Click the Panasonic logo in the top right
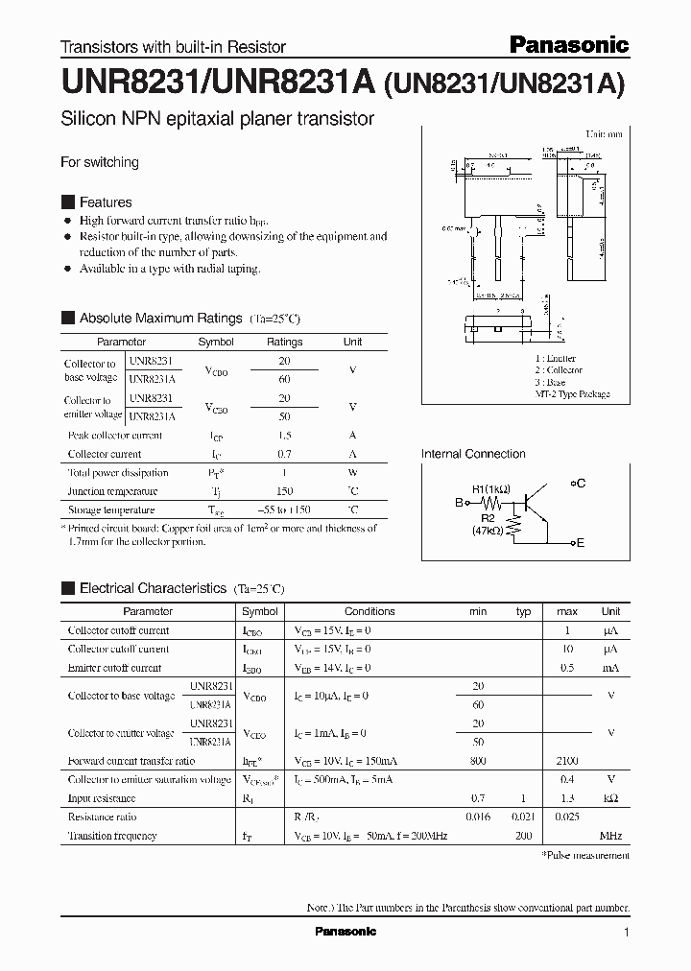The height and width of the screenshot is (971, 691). tap(568, 44)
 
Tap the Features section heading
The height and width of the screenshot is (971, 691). tap(106, 202)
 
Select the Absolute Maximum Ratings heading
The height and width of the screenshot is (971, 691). tap(160, 318)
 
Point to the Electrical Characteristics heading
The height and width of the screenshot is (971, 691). tap(153, 588)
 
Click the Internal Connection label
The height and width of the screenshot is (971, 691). tap(473, 454)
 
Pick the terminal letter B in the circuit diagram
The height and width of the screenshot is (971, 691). tap(459, 502)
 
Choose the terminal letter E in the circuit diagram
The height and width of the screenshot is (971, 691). tap(580, 543)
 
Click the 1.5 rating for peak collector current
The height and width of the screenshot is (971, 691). tap(284, 436)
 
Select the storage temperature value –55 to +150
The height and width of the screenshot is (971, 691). tap(284, 510)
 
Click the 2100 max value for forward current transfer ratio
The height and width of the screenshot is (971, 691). tap(567, 761)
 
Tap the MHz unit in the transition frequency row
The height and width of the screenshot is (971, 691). tap(610, 836)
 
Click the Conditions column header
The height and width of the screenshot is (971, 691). tap(369, 611)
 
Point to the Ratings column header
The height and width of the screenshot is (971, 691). tap(284, 342)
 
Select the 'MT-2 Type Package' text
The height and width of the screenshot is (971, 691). tap(572, 394)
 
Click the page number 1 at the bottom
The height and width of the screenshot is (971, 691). tap(627, 933)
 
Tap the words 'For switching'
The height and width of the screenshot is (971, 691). tap(100, 162)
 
